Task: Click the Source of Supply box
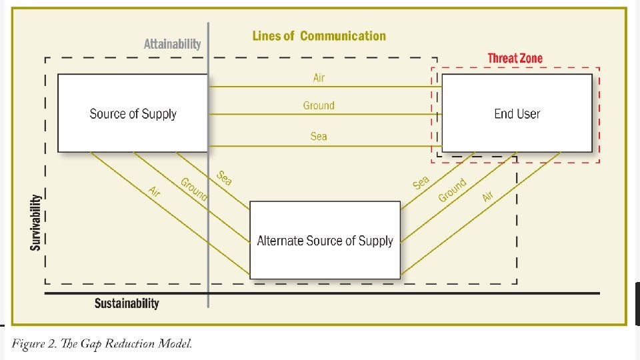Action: [x=133, y=113]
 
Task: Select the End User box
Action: [x=517, y=113]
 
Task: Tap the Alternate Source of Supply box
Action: [x=325, y=241]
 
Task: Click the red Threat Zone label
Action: [x=515, y=59]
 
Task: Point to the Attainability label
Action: [x=172, y=44]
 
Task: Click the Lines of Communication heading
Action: [x=319, y=36]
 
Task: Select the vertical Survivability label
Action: [x=36, y=222]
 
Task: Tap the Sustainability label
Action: [x=127, y=304]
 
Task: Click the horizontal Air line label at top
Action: [x=319, y=78]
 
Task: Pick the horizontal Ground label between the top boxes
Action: [x=319, y=105]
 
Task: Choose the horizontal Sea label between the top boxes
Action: [x=319, y=136]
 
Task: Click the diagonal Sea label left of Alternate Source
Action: [x=224, y=178]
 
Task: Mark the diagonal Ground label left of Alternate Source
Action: [x=194, y=189]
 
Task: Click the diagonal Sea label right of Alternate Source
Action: [x=421, y=182]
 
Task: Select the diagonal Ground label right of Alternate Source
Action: [x=452, y=190]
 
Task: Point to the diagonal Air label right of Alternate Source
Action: [x=488, y=197]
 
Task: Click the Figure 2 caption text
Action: [x=101, y=344]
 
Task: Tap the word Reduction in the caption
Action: [x=127, y=344]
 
